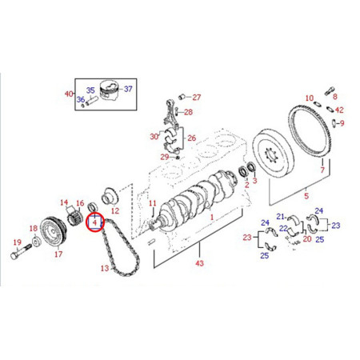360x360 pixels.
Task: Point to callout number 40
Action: [x=68, y=95]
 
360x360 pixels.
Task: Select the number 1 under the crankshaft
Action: [x=211, y=217]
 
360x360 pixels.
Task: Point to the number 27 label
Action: [x=197, y=97]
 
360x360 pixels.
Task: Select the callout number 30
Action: [x=154, y=137]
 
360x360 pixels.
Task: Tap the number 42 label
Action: [x=339, y=110]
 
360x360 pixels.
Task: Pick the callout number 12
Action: [x=114, y=211]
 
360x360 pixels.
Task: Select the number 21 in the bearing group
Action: [x=282, y=217]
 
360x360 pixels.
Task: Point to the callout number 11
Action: [x=152, y=205]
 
